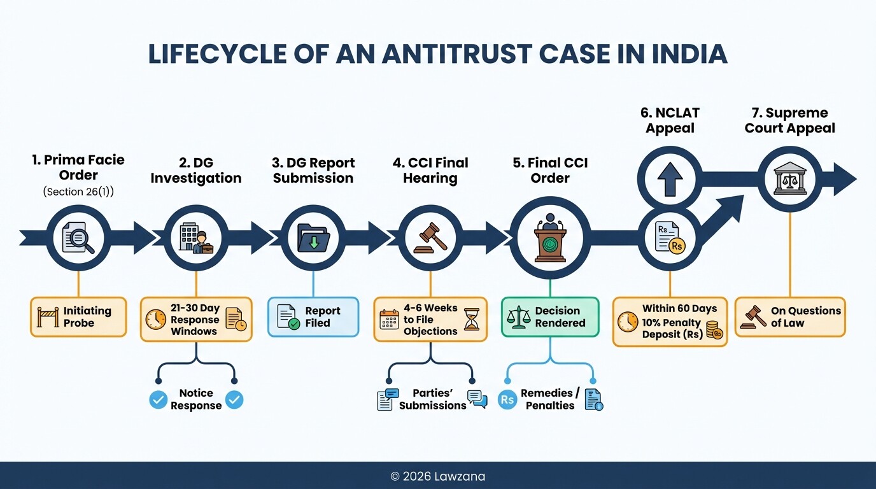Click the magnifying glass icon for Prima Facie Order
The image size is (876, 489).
[78, 237]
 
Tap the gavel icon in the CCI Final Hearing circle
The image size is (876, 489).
[430, 237]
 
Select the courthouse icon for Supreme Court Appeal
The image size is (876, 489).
[789, 178]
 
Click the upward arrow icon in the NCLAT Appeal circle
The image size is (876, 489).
[670, 178]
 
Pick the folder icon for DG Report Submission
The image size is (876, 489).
[313, 237]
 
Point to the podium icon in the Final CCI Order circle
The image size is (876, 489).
[550, 237]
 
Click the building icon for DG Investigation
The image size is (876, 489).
[196, 237]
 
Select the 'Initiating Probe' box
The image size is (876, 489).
[78, 316]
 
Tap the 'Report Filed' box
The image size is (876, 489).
[313, 316]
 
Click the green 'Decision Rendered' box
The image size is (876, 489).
[550, 316]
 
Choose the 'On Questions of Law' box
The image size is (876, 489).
[790, 316]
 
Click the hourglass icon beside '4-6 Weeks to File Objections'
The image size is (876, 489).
[472, 320]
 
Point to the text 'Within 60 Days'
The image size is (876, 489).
[679, 309]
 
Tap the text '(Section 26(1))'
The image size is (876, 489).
[78, 192]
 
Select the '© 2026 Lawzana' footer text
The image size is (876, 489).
[437, 476]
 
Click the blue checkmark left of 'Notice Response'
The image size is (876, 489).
[158, 399]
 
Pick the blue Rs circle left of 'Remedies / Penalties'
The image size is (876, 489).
[507, 400]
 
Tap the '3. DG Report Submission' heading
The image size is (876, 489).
[313, 171]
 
